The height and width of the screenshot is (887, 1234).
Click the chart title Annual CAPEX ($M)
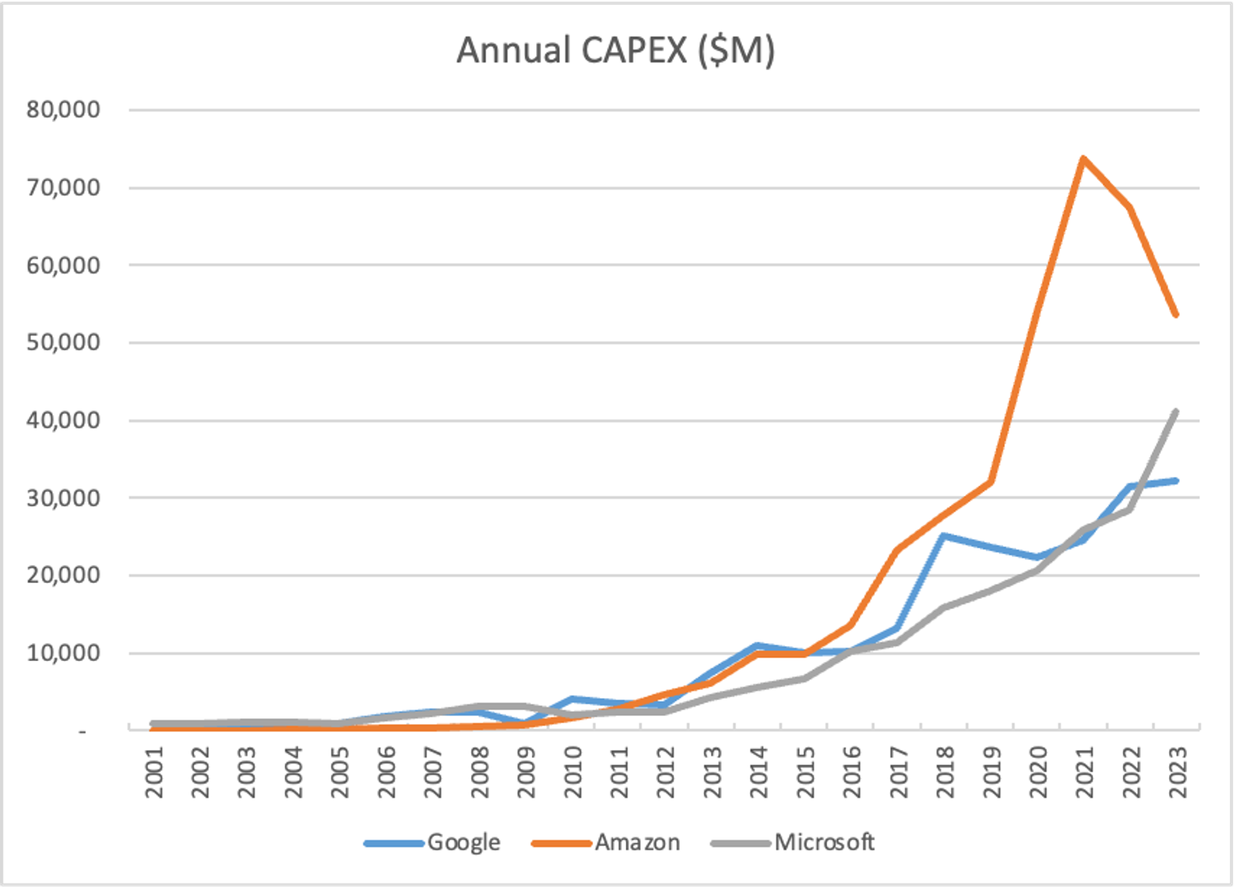pos(616,51)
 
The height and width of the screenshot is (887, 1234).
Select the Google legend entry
pos(463,842)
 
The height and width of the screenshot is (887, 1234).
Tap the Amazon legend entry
pos(637,842)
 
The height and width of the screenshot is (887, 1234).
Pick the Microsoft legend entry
pos(824,842)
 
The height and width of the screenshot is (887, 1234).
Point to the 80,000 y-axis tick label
pos(64,110)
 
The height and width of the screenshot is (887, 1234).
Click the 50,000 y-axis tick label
pos(64,342)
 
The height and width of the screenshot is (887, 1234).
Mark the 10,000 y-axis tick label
pos(64,653)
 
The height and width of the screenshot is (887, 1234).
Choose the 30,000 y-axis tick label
pos(64,498)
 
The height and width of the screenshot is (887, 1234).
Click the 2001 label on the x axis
pos(154,772)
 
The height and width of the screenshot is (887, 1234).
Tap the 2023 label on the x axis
pos(1178,772)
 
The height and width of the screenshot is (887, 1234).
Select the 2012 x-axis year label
pos(666,772)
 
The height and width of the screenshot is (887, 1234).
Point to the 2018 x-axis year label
pos(945,772)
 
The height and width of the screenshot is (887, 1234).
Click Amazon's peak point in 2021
pos(1083,158)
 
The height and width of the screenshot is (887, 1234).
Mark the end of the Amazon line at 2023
pos(1176,315)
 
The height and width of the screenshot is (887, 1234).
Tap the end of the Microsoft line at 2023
pos(1176,411)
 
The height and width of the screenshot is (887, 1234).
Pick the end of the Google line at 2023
pos(1176,481)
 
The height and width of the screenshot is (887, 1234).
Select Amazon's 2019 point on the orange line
pos(991,481)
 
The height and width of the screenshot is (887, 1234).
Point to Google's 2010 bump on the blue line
pos(572,699)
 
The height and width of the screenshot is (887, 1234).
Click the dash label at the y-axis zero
pos(82,732)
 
